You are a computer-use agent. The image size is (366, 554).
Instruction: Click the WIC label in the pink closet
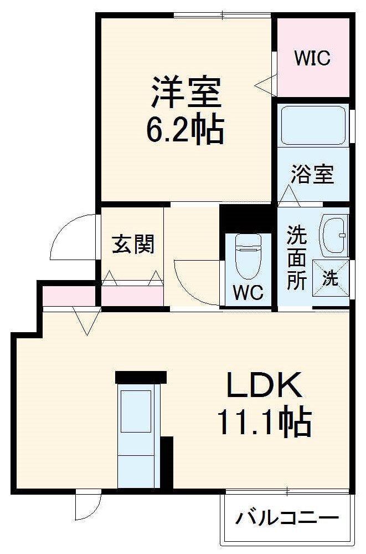click(x=312, y=58)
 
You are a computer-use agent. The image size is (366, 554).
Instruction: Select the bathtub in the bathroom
click(x=313, y=124)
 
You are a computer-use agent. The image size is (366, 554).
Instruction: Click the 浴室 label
click(x=313, y=174)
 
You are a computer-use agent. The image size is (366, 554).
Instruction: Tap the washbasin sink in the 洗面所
click(x=334, y=236)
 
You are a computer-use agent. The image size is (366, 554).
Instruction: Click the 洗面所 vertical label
click(x=296, y=258)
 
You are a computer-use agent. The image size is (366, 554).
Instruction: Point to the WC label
click(x=248, y=293)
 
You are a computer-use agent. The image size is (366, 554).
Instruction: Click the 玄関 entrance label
click(x=133, y=244)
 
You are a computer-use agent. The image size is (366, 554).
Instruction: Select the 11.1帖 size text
click(x=264, y=423)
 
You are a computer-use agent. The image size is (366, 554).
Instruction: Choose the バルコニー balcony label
click(x=287, y=519)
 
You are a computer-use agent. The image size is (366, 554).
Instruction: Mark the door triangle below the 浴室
click(x=288, y=195)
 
